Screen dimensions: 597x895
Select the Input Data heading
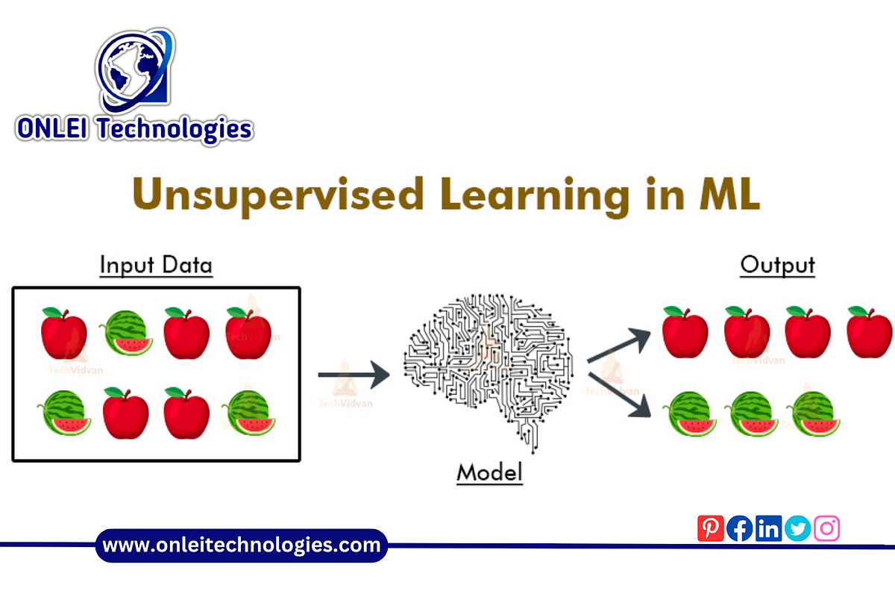(156, 266)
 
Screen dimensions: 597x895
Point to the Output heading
(777, 265)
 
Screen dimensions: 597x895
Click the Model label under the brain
(489, 472)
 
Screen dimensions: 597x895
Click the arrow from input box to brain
(354, 374)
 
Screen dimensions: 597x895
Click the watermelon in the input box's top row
(127, 333)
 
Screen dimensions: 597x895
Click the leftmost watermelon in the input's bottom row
(64, 413)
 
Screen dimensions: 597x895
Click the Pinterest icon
(710, 528)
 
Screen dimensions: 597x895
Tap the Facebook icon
(739, 528)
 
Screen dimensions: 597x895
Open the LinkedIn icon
(768, 528)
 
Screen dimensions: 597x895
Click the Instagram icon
(826, 528)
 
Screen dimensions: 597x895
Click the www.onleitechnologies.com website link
(242, 546)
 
